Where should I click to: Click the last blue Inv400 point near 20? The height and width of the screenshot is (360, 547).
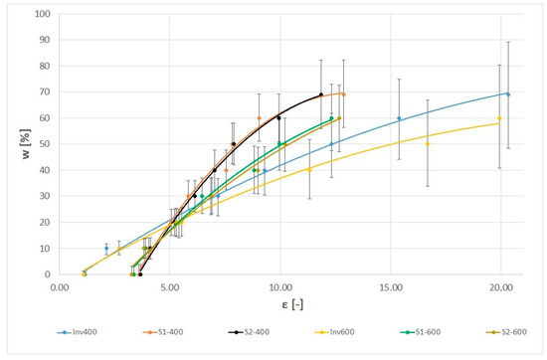(x=508, y=94)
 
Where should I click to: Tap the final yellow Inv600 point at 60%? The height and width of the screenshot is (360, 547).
(x=499, y=119)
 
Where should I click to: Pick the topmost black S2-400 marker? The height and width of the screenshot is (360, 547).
(x=321, y=95)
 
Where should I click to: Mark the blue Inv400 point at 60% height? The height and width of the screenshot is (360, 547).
(x=399, y=119)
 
